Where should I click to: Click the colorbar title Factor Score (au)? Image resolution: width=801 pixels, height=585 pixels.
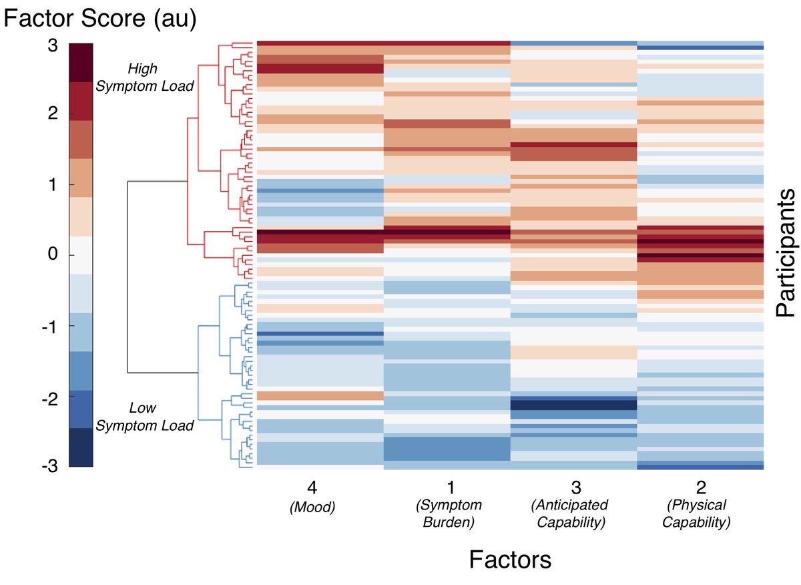coord(101,19)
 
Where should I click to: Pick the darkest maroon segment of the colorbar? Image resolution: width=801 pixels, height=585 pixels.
coord(81,63)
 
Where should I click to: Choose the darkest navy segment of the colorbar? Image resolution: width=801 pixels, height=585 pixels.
coord(81,447)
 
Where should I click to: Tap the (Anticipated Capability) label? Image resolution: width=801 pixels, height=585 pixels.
coord(574,514)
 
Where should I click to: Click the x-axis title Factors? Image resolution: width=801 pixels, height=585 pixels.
coord(510,559)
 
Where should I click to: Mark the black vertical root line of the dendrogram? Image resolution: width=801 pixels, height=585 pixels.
coord(127,276)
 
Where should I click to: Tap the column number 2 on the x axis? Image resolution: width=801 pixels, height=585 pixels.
coord(700,487)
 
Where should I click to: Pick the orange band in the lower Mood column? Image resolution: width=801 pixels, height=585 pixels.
coord(320,396)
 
